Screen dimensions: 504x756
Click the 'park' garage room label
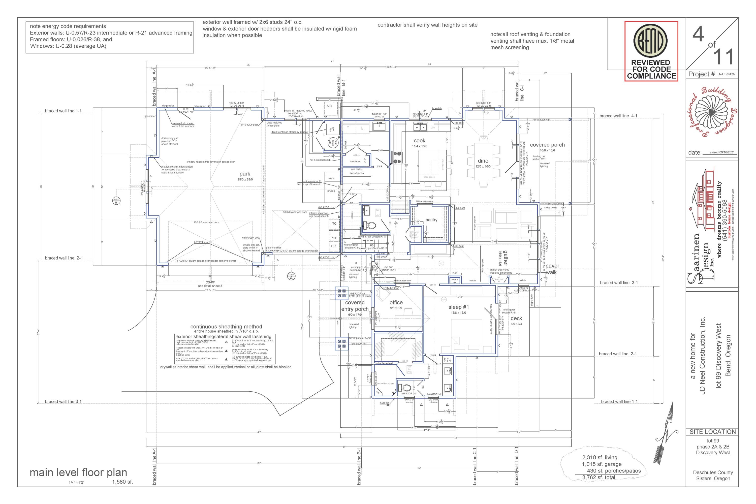click(x=245, y=174)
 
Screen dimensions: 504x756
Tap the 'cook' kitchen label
click(x=420, y=140)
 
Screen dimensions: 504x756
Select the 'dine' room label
click(x=483, y=161)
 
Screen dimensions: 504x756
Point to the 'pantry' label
click(x=431, y=220)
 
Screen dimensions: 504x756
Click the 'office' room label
click(x=396, y=302)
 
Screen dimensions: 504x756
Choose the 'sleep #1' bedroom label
click(x=459, y=307)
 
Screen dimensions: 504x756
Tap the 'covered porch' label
click(x=547, y=145)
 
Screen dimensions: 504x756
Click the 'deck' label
click(x=516, y=318)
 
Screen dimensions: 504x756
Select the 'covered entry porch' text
click(x=355, y=306)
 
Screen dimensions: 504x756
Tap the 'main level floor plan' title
click(x=78, y=472)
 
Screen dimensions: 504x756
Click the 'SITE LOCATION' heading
click(x=713, y=432)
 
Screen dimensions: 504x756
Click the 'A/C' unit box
click(x=329, y=106)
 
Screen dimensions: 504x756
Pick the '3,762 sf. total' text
click(x=598, y=477)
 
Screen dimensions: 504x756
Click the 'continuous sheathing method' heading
click(x=226, y=327)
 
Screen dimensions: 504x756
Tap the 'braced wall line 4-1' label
click(x=618, y=116)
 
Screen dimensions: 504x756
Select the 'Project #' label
click(x=701, y=74)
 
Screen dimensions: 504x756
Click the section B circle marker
click(x=116, y=201)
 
